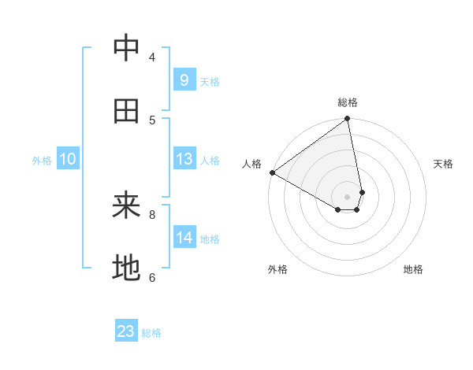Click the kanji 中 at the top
point(126,49)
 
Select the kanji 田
point(126,112)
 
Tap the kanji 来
point(126,206)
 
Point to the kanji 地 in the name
point(126,269)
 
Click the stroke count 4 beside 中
point(152,57)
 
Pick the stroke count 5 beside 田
point(152,120)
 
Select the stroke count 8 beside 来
point(152,213)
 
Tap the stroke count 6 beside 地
point(152,277)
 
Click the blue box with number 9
point(184,80)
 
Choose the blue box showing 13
point(184,159)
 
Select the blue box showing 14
point(184,238)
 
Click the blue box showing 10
point(68,159)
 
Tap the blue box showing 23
point(126,331)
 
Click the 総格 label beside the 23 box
point(151,333)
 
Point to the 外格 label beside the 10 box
point(42,161)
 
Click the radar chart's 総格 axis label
point(348,102)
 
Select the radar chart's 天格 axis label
point(443,164)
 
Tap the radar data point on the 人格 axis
point(272,172)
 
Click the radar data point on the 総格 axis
point(348,120)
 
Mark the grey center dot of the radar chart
point(347,196)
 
